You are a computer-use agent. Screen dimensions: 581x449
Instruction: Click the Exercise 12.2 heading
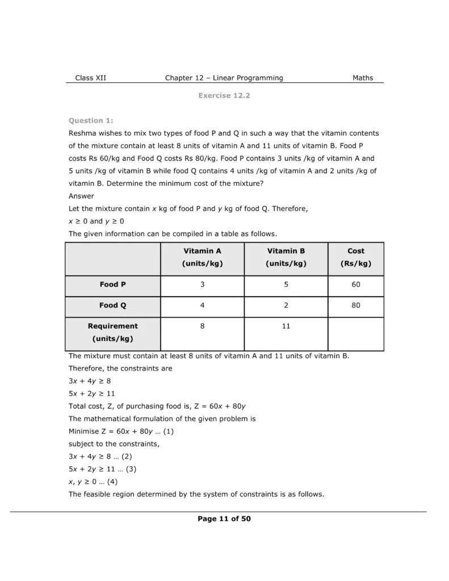[x=224, y=95]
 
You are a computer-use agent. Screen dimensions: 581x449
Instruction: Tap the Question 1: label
[x=91, y=120]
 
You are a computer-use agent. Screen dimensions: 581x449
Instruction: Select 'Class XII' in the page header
[x=90, y=78]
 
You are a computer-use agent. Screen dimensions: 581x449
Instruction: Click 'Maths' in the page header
[x=363, y=78]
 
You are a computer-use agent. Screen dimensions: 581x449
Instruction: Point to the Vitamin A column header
[x=202, y=257]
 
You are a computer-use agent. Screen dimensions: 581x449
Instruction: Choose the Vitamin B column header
[x=286, y=257]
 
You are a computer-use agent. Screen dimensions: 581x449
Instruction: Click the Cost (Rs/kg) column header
[x=356, y=257]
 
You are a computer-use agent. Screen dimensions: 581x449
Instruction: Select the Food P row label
[x=112, y=285]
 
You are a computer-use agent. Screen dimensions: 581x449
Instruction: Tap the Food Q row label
[x=112, y=305]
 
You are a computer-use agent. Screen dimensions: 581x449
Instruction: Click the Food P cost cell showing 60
[x=356, y=285]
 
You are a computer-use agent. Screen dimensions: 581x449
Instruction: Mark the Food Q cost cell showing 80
[x=356, y=305]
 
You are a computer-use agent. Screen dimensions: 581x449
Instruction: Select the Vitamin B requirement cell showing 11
[x=286, y=326]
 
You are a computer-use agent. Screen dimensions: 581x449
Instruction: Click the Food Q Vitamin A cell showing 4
[x=202, y=305]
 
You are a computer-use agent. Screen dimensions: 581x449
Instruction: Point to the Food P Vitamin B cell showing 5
[x=286, y=285]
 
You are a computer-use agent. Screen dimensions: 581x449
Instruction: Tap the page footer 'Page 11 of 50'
[x=224, y=519]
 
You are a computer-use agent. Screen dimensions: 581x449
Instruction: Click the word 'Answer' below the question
[x=81, y=196]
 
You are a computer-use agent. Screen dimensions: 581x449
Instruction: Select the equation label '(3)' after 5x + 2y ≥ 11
[x=131, y=469]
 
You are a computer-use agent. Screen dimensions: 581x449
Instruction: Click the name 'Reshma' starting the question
[x=83, y=133]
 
